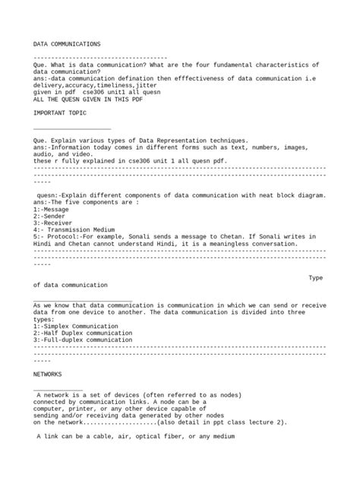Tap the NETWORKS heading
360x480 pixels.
click(48, 374)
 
